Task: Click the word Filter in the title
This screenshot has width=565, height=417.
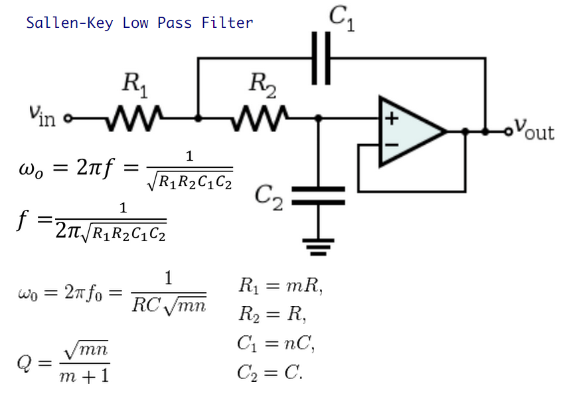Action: tap(227, 23)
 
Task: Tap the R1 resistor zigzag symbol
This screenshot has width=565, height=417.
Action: tap(134, 118)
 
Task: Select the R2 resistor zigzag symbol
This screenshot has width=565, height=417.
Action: tap(260, 118)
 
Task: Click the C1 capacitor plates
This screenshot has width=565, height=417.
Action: tap(321, 58)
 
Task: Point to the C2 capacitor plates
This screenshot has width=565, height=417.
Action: tap(318, 196)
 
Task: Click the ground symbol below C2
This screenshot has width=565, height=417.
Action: tap(318, 247)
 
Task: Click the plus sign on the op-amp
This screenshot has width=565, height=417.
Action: tap(392, 118)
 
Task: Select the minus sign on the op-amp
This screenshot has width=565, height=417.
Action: tap(392, 145)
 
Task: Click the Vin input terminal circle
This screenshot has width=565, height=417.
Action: tap(68, 118)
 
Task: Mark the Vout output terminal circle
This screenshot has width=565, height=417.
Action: tap(508, 132)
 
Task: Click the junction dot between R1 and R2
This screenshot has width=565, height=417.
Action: tap(198, 118)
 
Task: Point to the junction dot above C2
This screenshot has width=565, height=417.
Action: tap(318, 118)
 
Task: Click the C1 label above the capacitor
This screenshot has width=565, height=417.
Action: tap(342, 19)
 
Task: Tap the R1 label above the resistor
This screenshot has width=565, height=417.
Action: tap(135, 85)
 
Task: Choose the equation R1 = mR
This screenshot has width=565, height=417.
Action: tap(280, 286)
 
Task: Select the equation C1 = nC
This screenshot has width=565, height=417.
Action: tap(276, 343)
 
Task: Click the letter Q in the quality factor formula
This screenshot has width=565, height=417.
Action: tap(24, 363)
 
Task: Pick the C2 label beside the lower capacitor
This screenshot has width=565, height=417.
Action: tap(269, 197)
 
